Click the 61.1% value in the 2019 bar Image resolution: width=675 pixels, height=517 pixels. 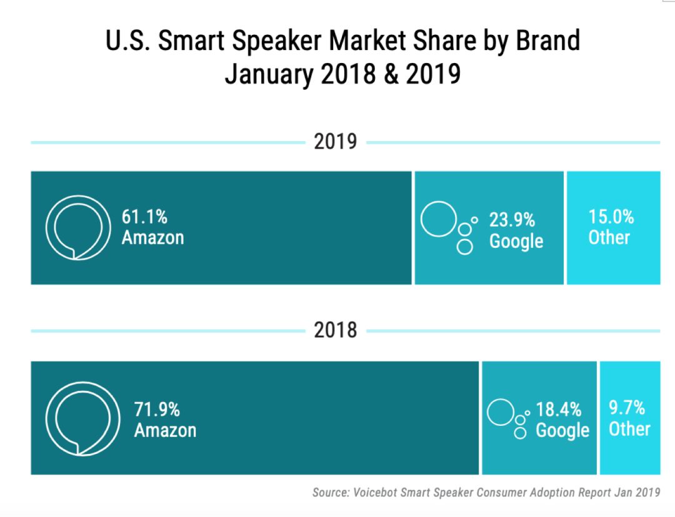144,217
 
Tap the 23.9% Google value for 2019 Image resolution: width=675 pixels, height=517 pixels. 512,220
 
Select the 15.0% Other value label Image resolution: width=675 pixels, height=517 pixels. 611,217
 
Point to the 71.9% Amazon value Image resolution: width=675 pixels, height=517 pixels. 157,410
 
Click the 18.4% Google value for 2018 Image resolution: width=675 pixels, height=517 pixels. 558,410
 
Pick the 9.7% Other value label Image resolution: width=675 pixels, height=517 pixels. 627,408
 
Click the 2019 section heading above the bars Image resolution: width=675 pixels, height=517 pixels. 336,142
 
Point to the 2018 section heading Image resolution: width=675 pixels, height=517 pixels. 336,330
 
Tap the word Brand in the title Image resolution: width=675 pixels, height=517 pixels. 547,41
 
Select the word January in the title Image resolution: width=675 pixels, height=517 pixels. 269,74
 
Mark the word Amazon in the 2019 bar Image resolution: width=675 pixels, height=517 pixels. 152,238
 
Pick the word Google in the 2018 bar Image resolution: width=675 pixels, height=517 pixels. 562,430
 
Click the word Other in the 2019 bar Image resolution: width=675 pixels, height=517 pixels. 609,237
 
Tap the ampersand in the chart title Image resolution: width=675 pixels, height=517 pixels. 390,74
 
